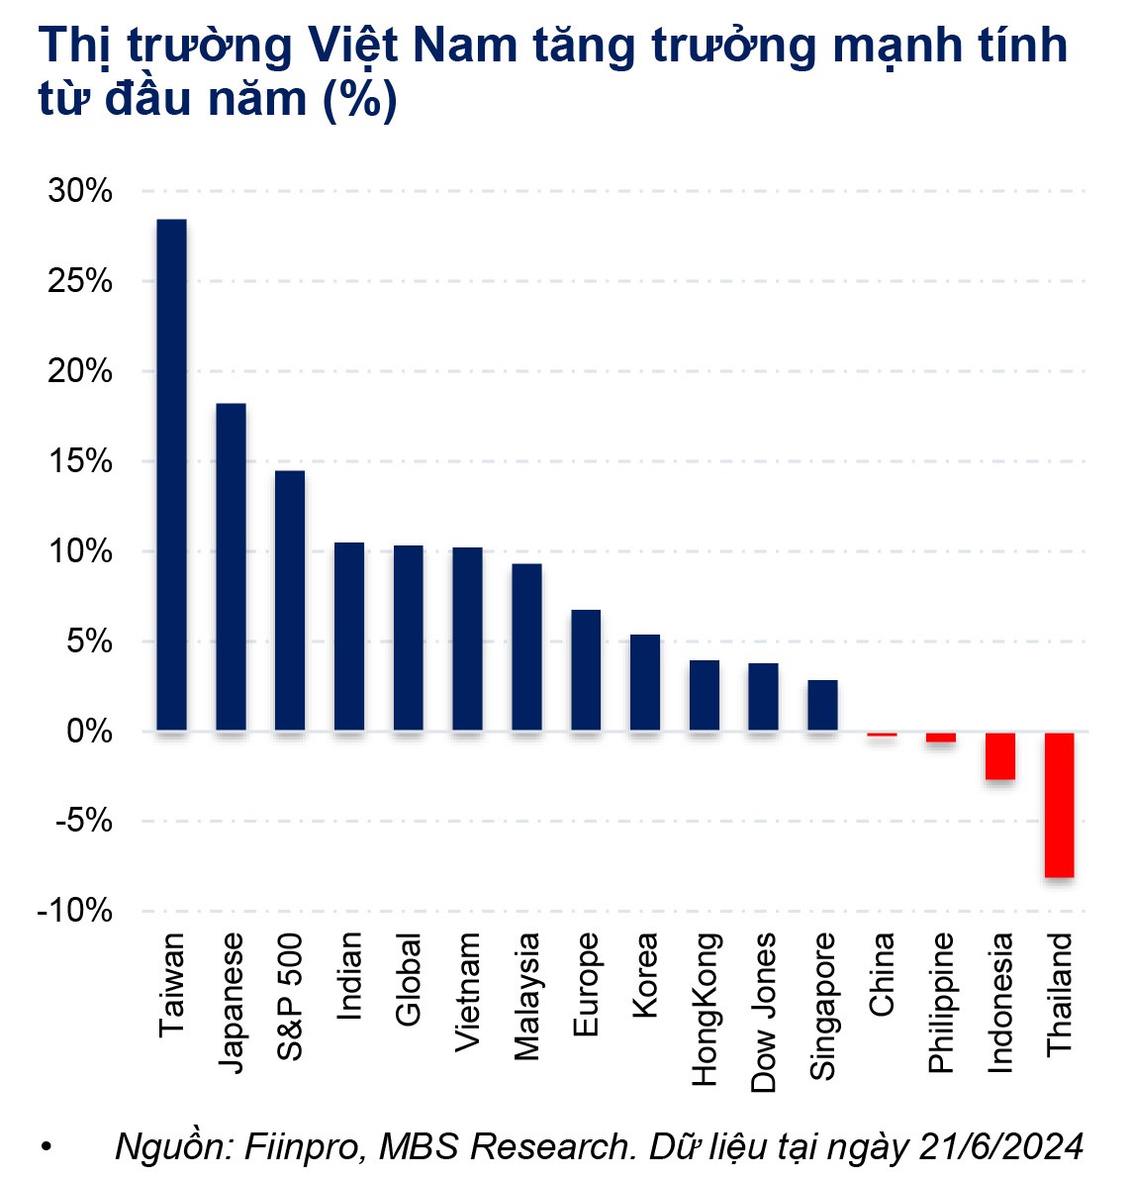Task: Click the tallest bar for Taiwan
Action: point(172,475)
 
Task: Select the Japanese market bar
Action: point(232,567)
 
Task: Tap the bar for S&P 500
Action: point(290,601)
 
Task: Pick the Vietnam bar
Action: point(468,639)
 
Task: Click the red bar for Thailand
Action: point(1060,804)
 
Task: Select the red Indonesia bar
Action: point(1000,755)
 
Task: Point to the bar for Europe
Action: point(586,670)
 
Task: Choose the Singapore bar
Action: point(823,706)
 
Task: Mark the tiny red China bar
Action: point(882,735)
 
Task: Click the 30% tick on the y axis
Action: point(80,191)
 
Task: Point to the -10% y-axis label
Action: point(75,911)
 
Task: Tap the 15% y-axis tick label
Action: point(80,461)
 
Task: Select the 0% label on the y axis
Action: point(89,732)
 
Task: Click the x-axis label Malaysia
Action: point(527,996)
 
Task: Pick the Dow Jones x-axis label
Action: point(764,1013)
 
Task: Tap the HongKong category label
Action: point(705,1009)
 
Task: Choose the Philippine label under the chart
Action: point(941,1002)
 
